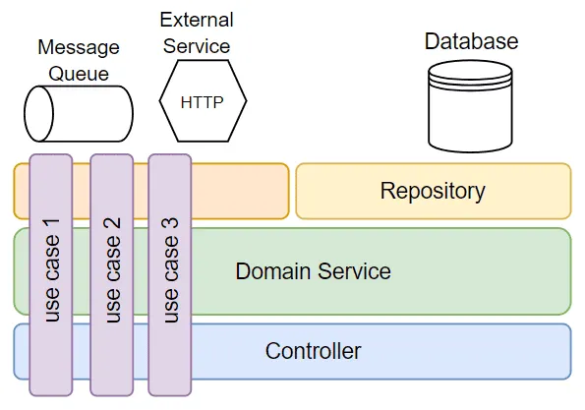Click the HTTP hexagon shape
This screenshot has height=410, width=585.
click(203, 102)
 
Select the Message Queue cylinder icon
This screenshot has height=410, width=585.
click(79, 113)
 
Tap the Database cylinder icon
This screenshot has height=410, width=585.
click(471, 104)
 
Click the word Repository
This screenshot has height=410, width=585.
click(433, 191)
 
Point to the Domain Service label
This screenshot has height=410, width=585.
click(313, 271)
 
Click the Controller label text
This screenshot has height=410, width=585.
click(313, 351)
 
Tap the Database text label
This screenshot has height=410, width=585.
click(471, 41)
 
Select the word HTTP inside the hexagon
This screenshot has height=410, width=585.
click(203, 102)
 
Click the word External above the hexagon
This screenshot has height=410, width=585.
click(197, 21)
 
